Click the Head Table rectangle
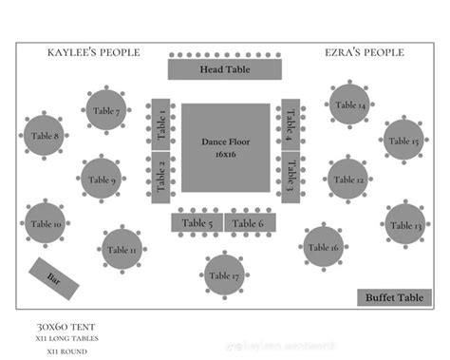[x=225, y=69]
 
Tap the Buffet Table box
[x=394, y=297]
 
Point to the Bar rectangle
[x=52, y=277]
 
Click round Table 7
[x=106, y=111]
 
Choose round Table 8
[x=44, y=136]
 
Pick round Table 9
[x=101, y=180]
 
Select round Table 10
[x=45, y=224]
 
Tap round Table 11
[x=122, y=250]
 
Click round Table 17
[x=225, y=275]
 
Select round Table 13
[x=405, y=225]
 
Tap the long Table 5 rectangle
[x=197, y=223]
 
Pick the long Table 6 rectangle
[x=250, y=223]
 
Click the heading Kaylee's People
[x=93, y=52]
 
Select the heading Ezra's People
[x=364, y=52]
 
